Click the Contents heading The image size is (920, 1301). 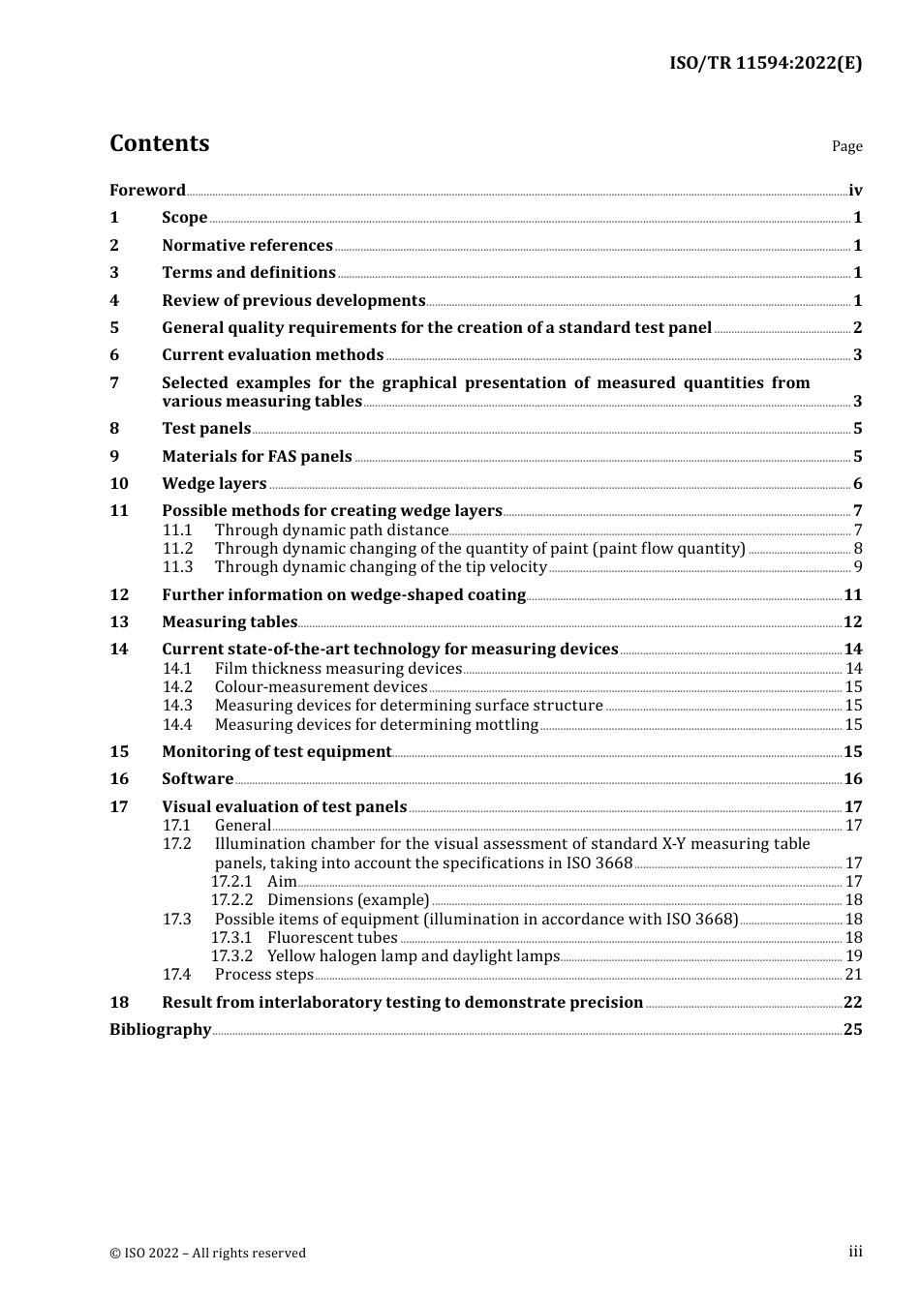click(x=159, y=143)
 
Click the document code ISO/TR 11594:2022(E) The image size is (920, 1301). click(x=765, y=63)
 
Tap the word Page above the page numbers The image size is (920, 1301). click(x=846, y=146)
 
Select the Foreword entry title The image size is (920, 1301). click(x=147, y=190)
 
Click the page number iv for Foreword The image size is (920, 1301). click(x=855, y=190)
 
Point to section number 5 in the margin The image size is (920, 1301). click(x=114, y=327)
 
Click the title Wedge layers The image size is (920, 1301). click(x=214, y=483)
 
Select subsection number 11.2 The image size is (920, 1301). click(x=177, y=548)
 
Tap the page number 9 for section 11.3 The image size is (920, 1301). click(x=858, y=567)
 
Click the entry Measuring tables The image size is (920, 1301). click(x=230, y=621)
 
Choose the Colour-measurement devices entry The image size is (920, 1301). click(x=321, y=686)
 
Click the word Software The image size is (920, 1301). click(x=198, y=778)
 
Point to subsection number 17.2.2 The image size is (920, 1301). click(x=231, y=899)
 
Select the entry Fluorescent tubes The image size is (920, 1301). click(x=332, y=937)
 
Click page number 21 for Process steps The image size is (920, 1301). click(x=853, y=974)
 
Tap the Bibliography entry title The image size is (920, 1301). click(x=160, y=1029)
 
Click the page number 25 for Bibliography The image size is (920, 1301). click(x=852, y=1029)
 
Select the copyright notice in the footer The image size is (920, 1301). click(x=207, y=1253)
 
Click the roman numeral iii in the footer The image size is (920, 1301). click(x=855, y=1252)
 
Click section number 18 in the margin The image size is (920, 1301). click(x=118, y=1002)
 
